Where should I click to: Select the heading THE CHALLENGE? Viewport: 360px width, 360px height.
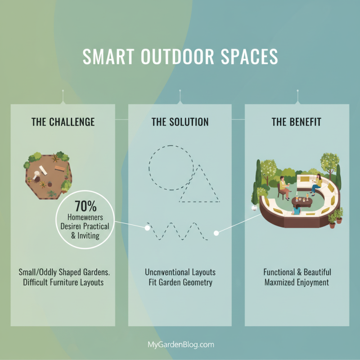[63, 122]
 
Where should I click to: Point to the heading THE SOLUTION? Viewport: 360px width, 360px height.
[180, 122]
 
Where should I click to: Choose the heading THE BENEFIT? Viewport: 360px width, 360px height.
[297, 122]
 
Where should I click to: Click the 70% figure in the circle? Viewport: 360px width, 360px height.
[85, 207]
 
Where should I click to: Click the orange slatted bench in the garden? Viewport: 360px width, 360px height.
[59, 168]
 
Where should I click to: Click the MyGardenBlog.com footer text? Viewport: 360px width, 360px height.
[180, 345]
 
